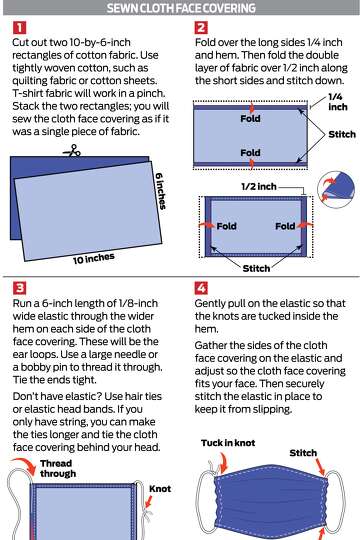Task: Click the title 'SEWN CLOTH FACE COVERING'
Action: coord(180,8)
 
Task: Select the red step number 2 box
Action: coord(201,28)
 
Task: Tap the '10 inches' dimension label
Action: coord(94,257)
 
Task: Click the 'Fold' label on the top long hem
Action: coord(250,118)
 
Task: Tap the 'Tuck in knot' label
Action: coord(217,444)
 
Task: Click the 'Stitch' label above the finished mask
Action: coord(304,452)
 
